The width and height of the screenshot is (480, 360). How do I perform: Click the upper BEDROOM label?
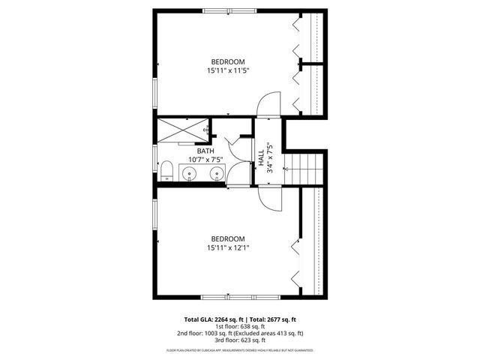[228, 61]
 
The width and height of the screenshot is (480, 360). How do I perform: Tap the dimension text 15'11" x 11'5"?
[228, 70]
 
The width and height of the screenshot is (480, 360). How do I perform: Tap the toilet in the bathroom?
[167, 171]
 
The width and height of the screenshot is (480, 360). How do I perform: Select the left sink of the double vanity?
[188, 175]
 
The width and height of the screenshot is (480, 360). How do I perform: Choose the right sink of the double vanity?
[217, 175]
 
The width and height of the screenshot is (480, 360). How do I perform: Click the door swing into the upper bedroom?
[269, 103]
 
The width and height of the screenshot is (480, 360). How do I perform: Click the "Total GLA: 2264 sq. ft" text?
[209, 319]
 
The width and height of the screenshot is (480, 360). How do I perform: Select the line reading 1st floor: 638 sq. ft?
[240, 326]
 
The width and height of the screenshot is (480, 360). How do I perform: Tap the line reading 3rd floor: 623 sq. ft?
[240, 340]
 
